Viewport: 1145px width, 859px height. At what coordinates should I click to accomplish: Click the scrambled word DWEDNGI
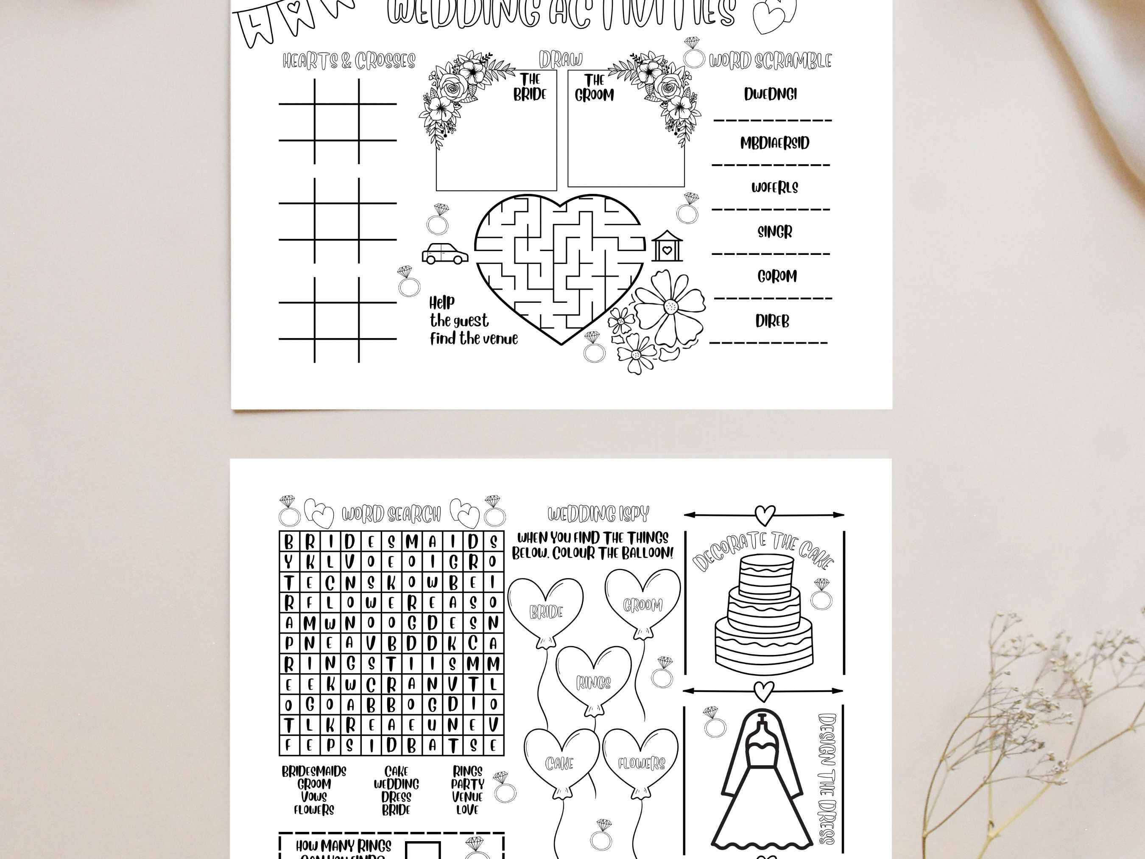(x=770, y=94)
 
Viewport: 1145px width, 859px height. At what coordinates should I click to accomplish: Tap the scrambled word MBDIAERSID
(x=774, y=143)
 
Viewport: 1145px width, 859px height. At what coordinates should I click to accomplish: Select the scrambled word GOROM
(x=776, y=277)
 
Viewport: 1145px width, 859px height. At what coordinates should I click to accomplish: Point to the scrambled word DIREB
(x=772, y=322)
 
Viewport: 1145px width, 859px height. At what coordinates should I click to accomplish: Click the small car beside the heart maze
(x=445, y=254)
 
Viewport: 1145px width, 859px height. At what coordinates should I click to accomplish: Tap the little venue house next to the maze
(x=667, y=246)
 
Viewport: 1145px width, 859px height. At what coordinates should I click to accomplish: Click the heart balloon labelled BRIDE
(x=546, y=611)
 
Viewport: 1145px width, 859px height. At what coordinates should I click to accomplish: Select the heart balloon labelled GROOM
(x=642, y=603)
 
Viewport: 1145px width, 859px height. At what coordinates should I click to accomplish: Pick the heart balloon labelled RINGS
(x=594, y=681)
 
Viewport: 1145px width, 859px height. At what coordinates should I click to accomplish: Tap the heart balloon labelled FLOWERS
(x=641, y=763)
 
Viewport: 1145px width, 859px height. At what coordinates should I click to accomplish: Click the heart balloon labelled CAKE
(x=560, y=763)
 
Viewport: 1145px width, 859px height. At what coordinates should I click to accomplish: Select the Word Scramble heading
(x=770, y=61)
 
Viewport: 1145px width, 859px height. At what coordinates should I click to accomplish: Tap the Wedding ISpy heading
(x=598, y=514)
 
